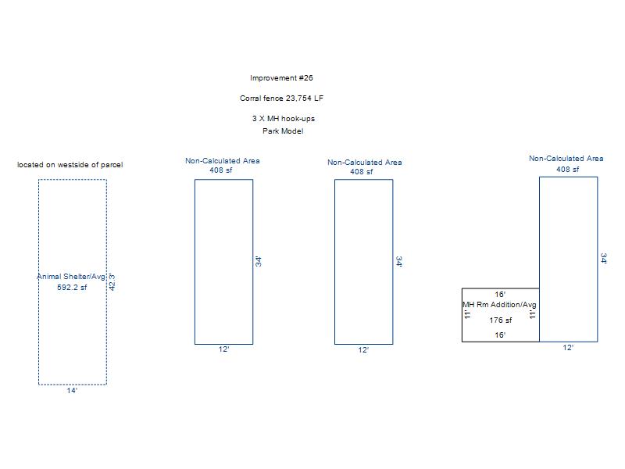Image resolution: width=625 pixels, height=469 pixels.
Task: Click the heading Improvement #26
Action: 281,78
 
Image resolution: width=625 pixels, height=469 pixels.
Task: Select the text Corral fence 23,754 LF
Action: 281,98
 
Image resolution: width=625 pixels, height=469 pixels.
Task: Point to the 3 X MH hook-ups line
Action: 283,119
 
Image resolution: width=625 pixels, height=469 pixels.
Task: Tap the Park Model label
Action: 283,131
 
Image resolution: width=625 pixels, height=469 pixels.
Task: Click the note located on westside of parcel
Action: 70,165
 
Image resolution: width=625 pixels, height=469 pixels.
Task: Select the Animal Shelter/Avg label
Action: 70,277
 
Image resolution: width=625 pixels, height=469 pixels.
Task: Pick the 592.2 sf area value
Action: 72,287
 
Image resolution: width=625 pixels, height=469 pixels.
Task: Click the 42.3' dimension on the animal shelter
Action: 112,281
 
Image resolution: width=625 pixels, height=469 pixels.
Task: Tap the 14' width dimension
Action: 72,390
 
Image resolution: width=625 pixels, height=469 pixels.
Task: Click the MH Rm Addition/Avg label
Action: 499,305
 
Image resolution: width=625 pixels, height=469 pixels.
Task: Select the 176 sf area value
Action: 501,320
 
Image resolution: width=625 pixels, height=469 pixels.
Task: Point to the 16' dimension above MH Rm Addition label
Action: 500,295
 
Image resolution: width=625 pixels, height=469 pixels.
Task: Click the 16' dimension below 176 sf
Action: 500,335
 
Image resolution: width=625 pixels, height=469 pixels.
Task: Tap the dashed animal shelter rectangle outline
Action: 39,234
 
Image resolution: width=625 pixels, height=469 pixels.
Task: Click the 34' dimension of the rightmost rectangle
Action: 603,259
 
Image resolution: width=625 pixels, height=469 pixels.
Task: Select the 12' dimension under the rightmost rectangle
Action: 568,348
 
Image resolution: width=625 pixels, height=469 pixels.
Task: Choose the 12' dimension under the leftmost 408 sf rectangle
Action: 223,349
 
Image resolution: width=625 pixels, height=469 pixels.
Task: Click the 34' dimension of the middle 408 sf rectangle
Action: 398,262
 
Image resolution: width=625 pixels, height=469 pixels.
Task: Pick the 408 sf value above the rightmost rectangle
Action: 568,169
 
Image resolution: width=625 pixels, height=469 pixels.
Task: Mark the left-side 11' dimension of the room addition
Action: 467,314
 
